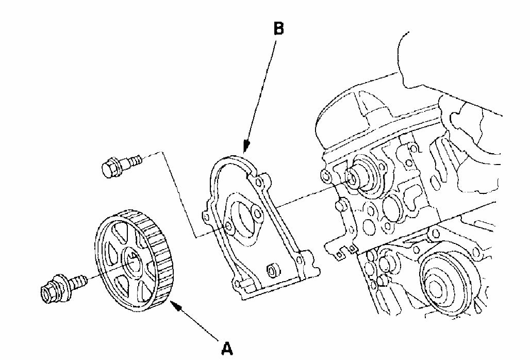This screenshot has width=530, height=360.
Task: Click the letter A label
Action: [x=226, y=349]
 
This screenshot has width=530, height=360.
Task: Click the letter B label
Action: [x=278, y=29]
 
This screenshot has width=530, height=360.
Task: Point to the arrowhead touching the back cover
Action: [x=245, y=148]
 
